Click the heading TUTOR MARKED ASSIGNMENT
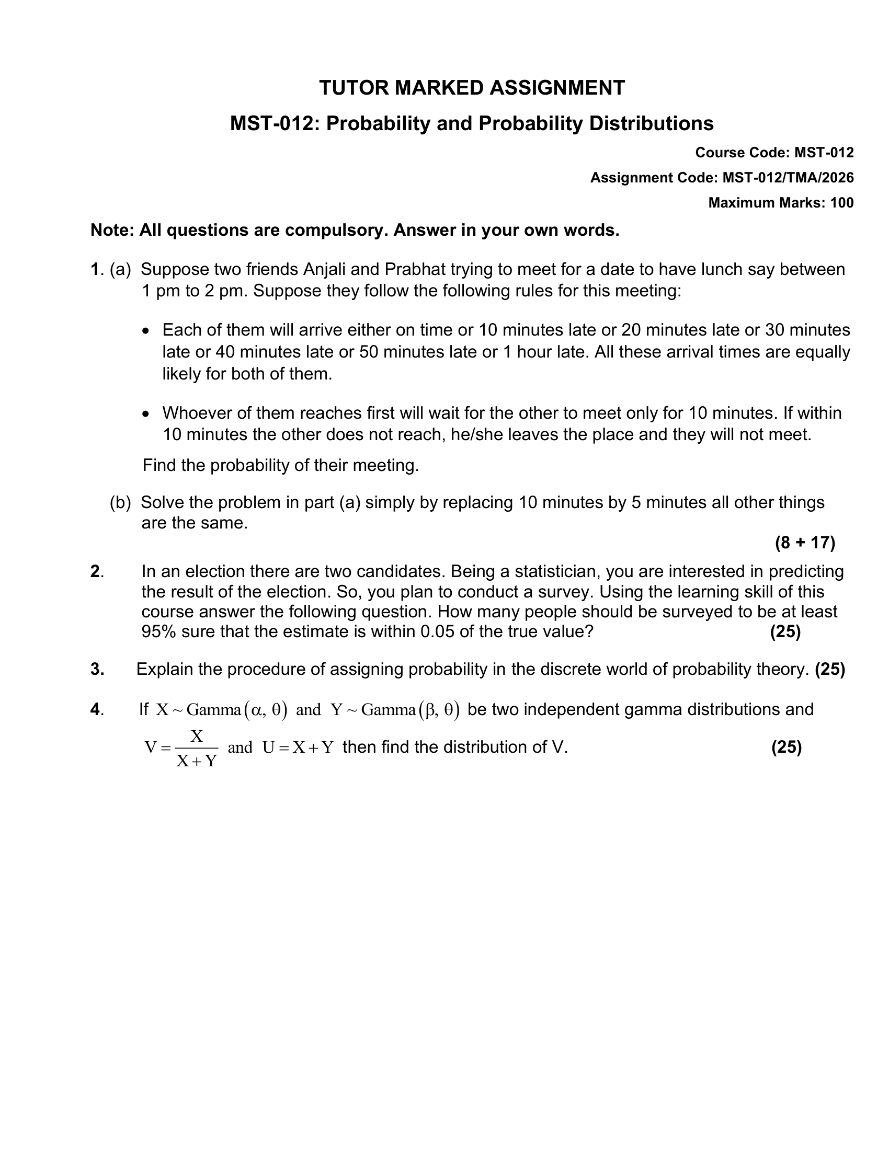pos(472,88)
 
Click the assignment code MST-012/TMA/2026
pos(788,178)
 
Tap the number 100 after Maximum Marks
pos(841,203)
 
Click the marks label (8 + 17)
pos(805,543)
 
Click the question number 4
pos(95,710)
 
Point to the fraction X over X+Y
pos(197,748)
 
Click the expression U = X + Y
pos(298,747)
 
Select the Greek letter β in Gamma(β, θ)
pos(431,710)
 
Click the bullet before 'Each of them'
pos(146,331)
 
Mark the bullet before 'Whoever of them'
pos(146,414)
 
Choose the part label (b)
pos(120,503)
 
